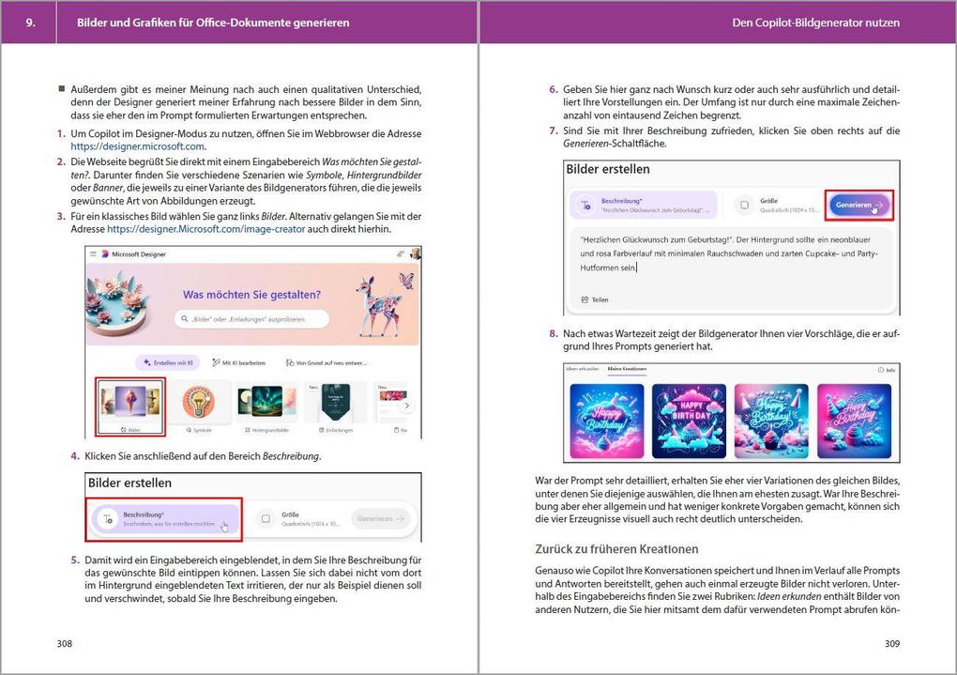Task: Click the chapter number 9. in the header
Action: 30,23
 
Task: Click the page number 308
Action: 64,644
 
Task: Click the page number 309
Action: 891,644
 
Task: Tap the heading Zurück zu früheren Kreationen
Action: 616,549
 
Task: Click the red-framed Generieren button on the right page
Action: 859,206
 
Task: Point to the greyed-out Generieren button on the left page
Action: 380,518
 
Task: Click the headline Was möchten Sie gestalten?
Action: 251,295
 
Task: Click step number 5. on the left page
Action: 75,560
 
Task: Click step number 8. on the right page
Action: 554,333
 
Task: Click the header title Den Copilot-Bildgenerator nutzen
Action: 814,23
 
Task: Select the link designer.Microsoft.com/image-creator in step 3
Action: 206,229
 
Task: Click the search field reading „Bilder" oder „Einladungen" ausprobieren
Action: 253,320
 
